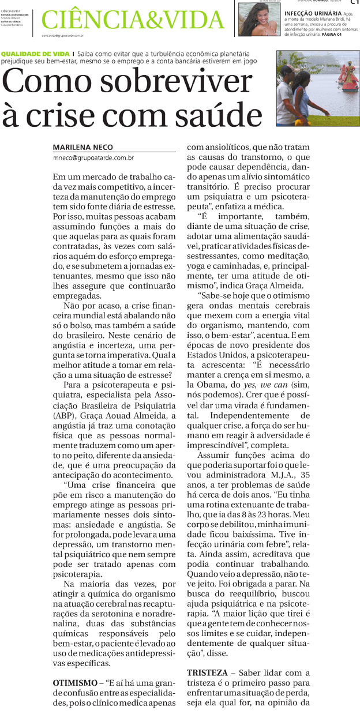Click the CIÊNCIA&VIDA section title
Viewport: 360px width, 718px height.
133,21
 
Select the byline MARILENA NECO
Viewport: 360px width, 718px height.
82,146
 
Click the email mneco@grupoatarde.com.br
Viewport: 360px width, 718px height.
93,157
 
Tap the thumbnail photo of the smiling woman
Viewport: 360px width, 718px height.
258,19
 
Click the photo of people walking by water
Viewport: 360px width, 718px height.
318,88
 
